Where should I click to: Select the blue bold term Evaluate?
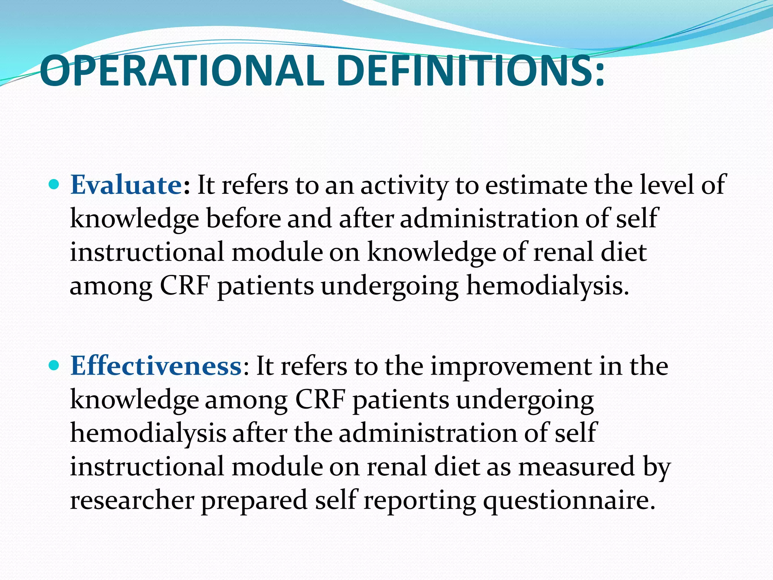(126, 185)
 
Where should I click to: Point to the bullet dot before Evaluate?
(54, 185)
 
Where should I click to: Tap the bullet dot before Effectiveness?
(54, 366)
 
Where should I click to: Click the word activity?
(404, 186)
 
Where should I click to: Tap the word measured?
(576, 466)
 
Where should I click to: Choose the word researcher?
(132, 500)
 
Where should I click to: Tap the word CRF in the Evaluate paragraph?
(185, 285)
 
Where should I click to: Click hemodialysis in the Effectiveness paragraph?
(148, 433)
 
